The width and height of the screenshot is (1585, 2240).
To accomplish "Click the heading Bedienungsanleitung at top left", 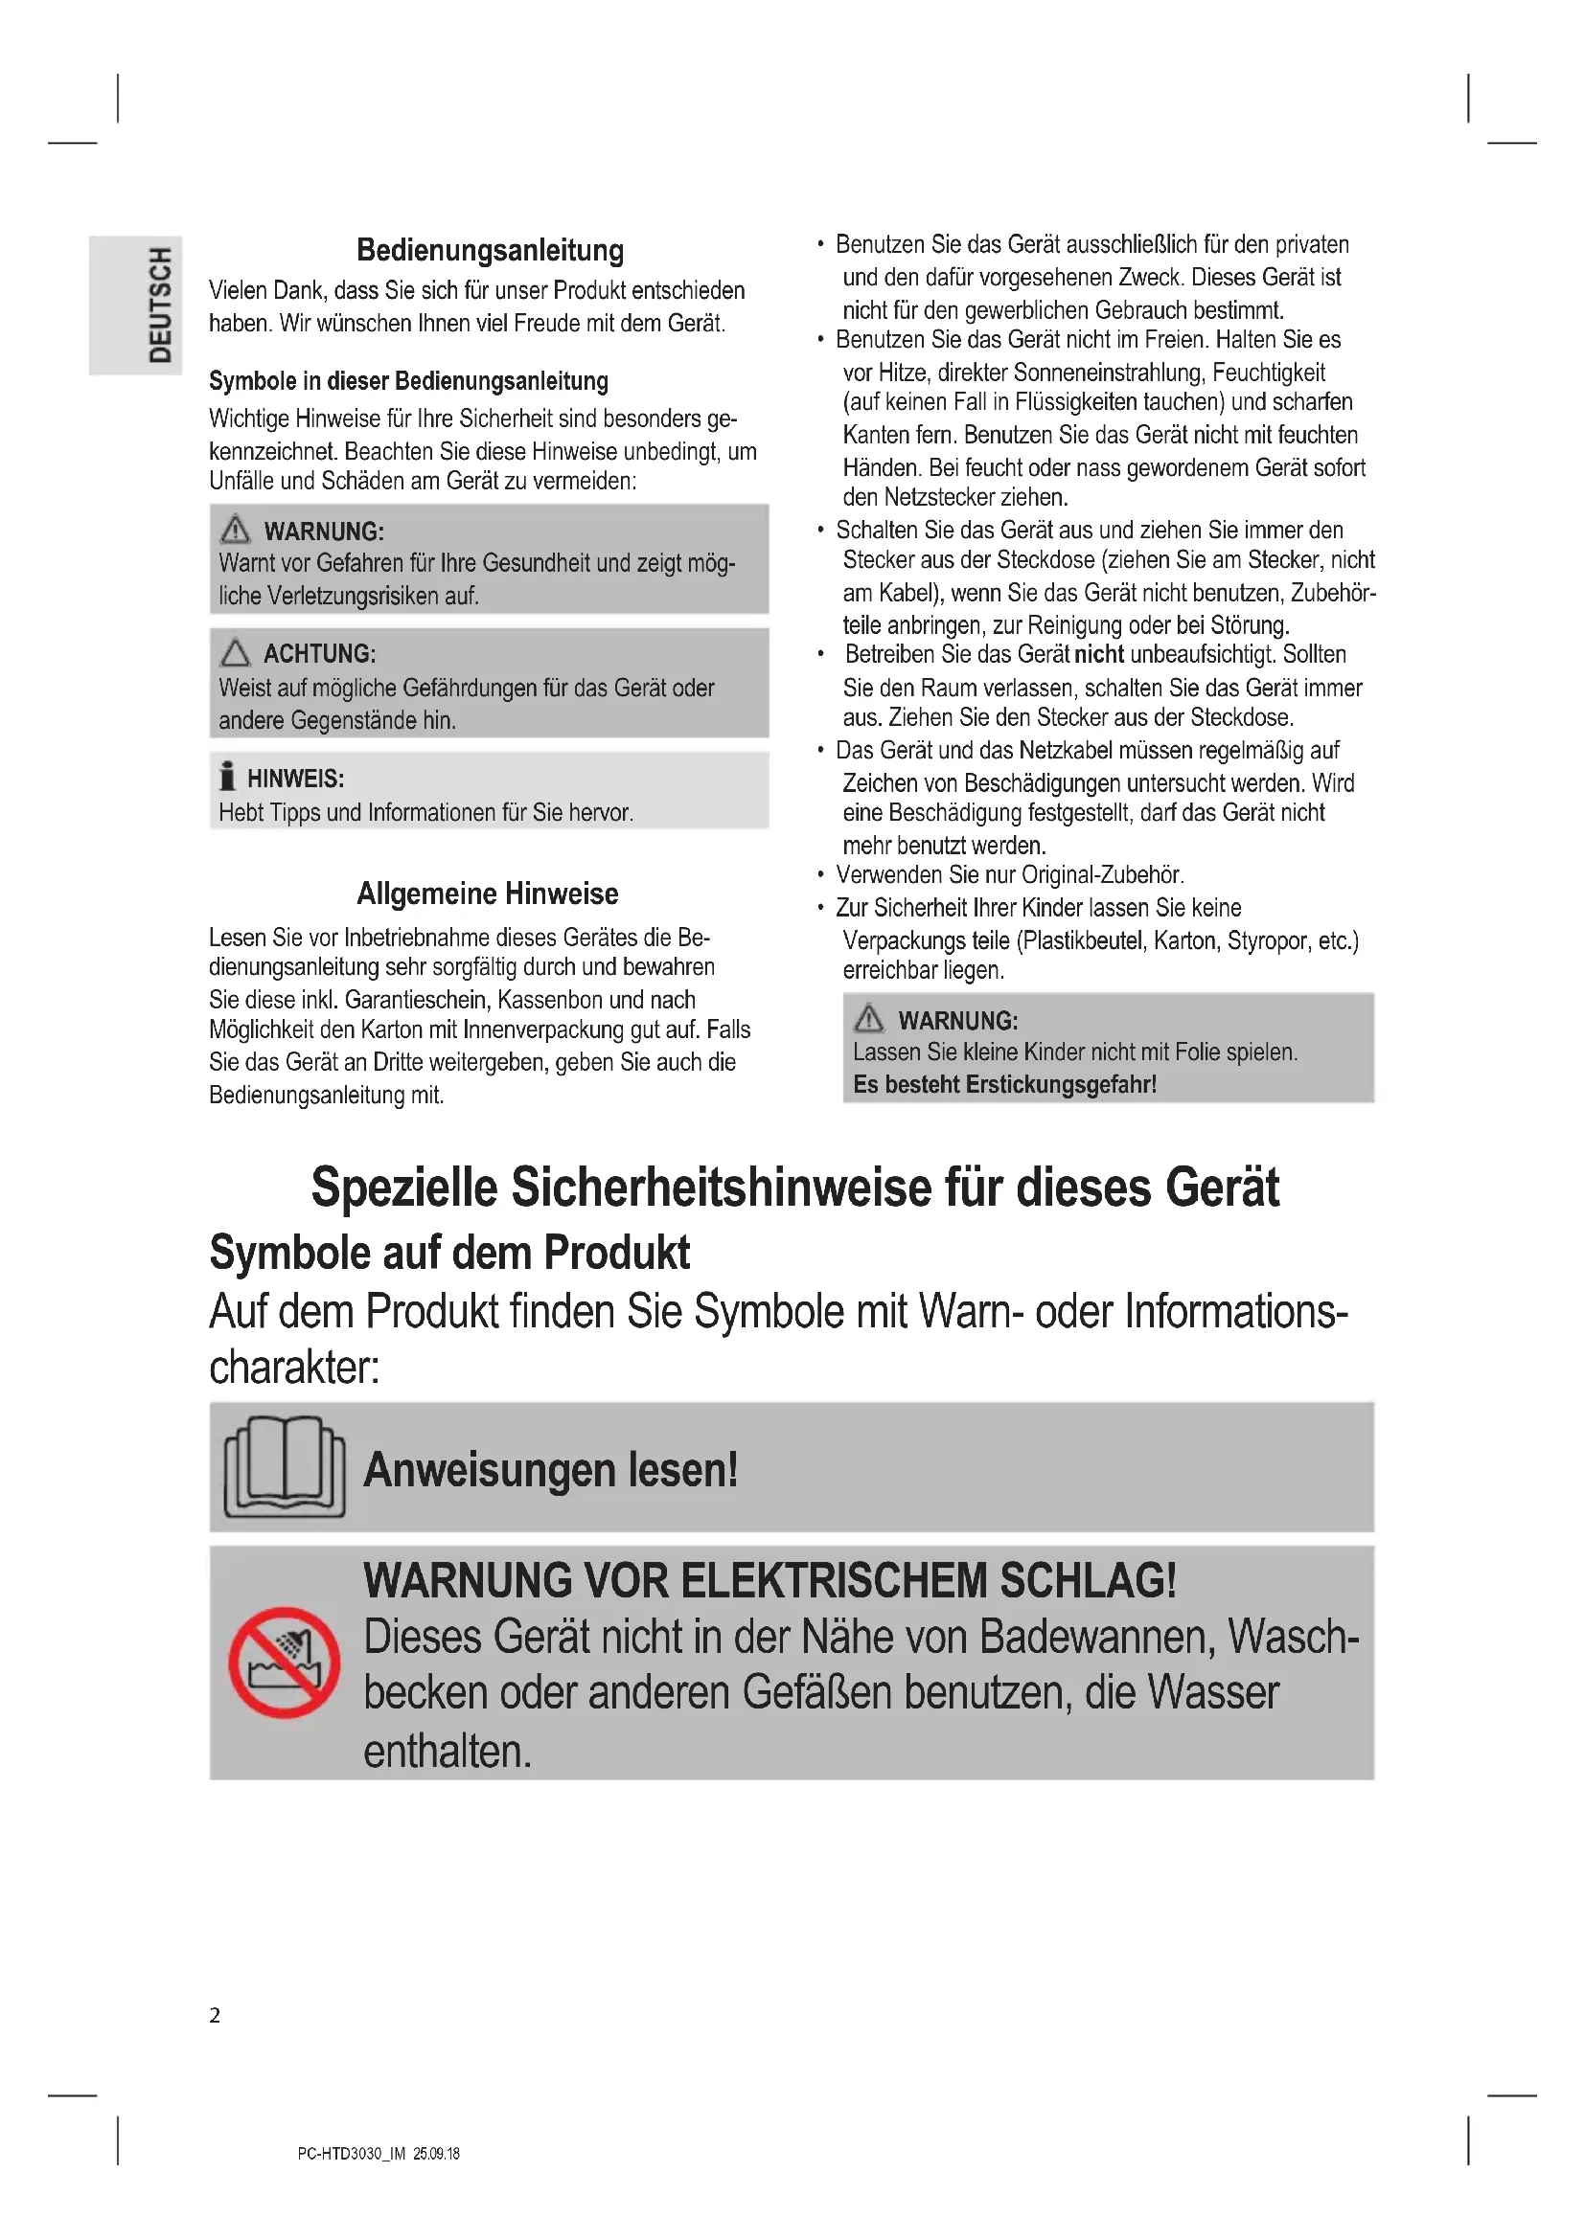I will [x=490, y=251].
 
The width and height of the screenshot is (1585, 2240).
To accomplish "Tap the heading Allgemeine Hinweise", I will [x=487, y=894].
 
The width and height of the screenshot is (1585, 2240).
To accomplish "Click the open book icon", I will [x=284, y=1466].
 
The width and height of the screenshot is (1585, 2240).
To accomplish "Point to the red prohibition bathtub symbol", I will [x=284, y=1663].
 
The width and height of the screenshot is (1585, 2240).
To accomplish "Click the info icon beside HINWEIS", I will [x=227, y=777].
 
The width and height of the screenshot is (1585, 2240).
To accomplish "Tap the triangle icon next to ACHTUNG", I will [x=235, y=653].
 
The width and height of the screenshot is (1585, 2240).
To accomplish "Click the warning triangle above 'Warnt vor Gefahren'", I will [x=235, y=530].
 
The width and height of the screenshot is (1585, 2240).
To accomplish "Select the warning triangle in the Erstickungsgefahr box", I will [x=868, y=1019].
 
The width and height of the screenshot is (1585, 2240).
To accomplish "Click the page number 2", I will [x=215, y=2016].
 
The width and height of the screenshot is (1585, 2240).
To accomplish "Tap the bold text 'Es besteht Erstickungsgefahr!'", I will [x=1004, y=1084].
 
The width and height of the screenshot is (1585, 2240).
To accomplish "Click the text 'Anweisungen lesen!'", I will [x=550, y=1469].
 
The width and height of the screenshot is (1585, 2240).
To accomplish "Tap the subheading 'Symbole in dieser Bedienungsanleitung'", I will [x=408, y=381].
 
